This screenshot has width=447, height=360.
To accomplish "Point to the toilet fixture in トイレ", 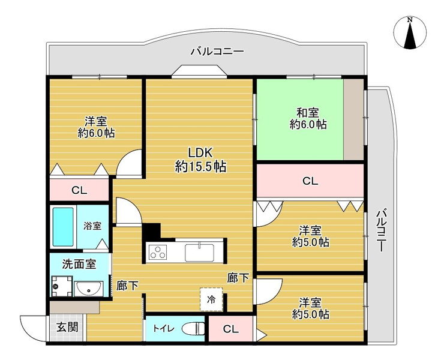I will tap(193, 329).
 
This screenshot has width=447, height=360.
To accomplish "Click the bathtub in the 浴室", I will tap(62, 226).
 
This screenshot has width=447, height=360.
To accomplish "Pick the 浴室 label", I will tap(92, 226).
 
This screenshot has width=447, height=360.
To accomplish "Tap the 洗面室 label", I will tap(79, 263).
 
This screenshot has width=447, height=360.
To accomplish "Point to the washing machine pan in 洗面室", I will tap(61, 287).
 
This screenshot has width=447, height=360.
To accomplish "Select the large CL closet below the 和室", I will tap(310, 181).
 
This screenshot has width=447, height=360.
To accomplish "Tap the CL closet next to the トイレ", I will tap(230, 329).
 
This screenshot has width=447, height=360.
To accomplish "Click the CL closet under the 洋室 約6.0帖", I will tap(79, 191).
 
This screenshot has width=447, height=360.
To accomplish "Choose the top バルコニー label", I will tap(217, 52).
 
